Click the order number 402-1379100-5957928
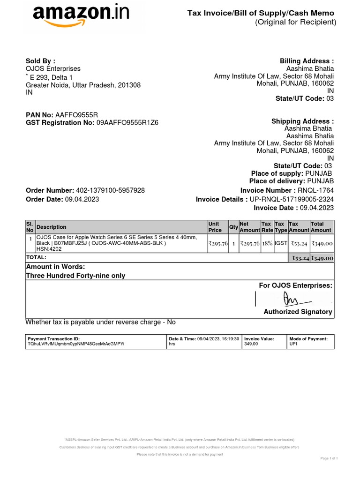tap(110, 190)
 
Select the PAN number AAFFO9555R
tap(77, 115)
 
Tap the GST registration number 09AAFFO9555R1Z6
tap(127, 123)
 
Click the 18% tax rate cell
tap(267, 243)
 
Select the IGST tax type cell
tap(281, 243)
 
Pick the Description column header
tap(52, 227)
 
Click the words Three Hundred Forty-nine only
tap(75, 276)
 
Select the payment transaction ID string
tap(76, 344)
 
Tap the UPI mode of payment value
tap(293, 344)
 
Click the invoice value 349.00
tap(251, 344)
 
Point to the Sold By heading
tap(40, 61)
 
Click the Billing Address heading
tap(307, 61)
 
